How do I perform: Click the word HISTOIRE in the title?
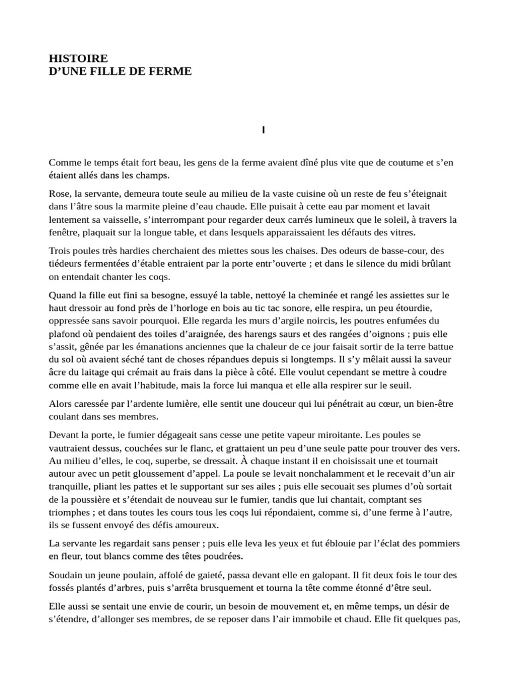point(78,59)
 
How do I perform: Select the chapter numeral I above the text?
point(263,129)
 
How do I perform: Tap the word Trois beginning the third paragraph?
point(61,250)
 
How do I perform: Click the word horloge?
point(220,308)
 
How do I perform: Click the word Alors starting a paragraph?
point(62,404)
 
